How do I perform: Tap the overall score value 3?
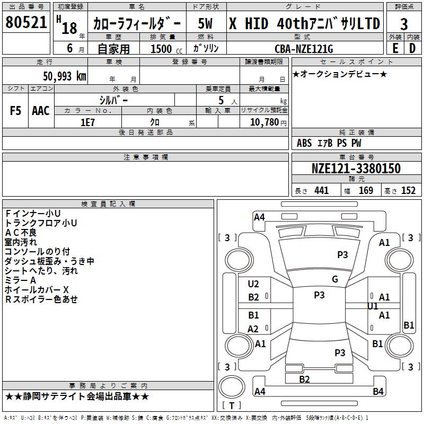tap(404, 24)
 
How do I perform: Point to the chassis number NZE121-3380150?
tap(356, 169)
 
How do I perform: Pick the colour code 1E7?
tap(87, 121)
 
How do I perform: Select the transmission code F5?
tap(16, 111)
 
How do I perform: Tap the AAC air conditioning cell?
tap(41, 111)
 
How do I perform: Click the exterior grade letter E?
tap(395, 48)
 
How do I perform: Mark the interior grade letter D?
tap(412, 48)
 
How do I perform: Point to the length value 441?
tap(321, 190)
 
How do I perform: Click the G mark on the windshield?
tap(335, 279)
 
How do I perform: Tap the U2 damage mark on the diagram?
tap(253, 284)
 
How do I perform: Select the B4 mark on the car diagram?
tap(378, 392)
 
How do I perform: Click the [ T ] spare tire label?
tap(232, 405)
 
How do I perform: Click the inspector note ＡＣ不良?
tap(21, 232)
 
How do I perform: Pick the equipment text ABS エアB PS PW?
tap(329, 143)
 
